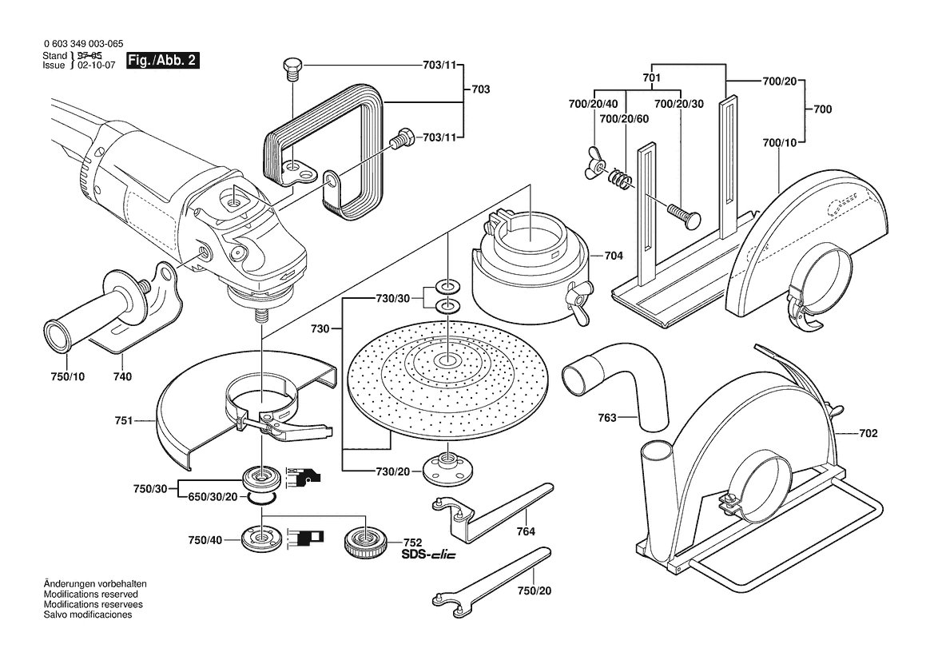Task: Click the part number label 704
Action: point(614,256)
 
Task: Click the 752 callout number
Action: point(412,542)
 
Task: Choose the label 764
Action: point(525,531)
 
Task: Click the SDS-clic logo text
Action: point(428,555)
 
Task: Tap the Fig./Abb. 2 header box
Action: point(163,61)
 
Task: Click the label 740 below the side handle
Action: point(122,376)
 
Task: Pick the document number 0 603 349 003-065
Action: point(83,46)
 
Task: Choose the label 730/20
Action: point(393,471)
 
